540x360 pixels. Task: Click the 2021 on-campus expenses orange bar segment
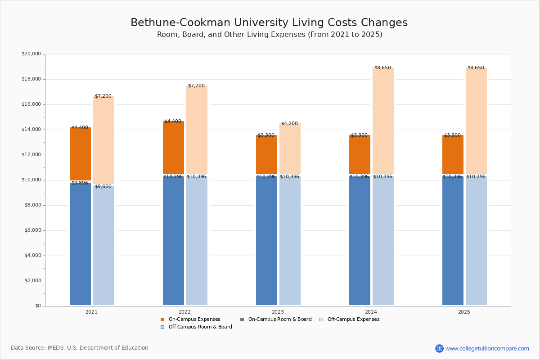[x=80, y=154]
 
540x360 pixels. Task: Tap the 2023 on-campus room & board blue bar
[x=266, y=240]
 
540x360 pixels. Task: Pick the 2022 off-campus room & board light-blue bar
[x=197, y=240]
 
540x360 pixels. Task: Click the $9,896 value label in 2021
[x=80, y=183]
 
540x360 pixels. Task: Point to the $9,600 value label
[x=103, y=187]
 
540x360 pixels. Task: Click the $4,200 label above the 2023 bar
[x=289, y=123]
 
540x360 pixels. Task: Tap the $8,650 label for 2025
[x=476, y=68]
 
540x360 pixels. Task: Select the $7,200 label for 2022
[x=196, y=86]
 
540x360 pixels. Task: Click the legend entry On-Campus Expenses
[x=194, y=319]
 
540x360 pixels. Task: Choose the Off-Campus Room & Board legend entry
[x=200, y=327]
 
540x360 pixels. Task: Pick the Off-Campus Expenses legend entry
[x=353, y=319]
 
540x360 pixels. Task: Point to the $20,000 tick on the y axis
[x=31, y=54]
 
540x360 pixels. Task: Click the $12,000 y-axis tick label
[x=31, y=155]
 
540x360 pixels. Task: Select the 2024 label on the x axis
[x=371, y=312]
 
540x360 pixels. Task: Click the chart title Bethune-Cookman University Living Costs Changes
[x=269, y=23]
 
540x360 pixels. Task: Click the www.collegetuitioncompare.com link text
[x=487, y=348]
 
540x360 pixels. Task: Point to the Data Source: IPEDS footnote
[x=80, y=348]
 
